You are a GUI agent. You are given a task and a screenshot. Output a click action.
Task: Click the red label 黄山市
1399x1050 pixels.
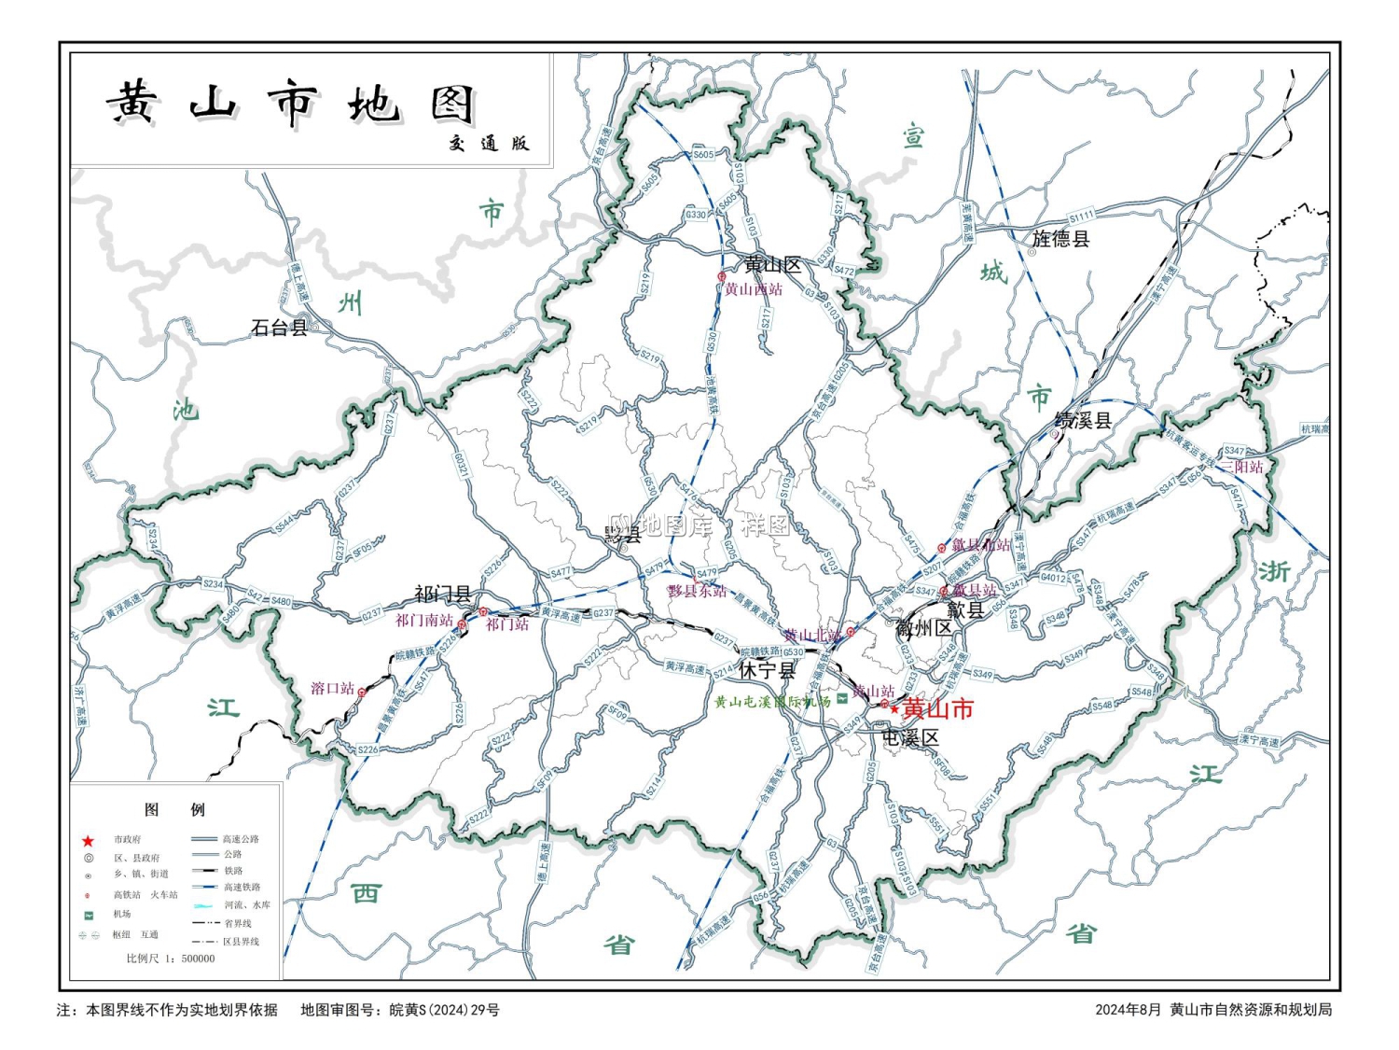coord(938,708)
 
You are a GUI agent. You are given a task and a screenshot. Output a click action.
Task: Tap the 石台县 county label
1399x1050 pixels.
coord(279,328)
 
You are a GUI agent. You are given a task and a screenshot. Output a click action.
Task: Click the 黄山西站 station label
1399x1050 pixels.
coord(754,289)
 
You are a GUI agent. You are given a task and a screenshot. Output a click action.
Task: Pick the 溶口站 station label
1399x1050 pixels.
coord(333,689)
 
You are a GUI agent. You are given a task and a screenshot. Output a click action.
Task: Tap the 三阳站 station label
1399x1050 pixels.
coord(1242,467)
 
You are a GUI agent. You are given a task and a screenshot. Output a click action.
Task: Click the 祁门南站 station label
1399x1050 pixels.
coord(424,620)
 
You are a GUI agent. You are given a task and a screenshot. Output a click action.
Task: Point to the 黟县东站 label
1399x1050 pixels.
coord(698,591)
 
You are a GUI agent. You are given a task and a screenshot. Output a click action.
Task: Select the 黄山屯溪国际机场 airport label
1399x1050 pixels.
coord(772,702)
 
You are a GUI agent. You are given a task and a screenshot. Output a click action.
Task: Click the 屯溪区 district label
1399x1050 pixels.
coord(910,737)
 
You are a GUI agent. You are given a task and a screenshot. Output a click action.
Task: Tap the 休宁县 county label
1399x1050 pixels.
coord(768,670)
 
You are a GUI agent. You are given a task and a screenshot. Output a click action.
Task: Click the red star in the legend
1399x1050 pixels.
coord(88,840)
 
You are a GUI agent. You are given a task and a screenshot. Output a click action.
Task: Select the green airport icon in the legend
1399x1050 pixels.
coord(89,915)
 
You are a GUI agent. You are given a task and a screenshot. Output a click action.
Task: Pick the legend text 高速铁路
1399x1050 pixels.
coord(242,888)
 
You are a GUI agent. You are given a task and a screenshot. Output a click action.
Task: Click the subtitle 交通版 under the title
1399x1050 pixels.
coord(489,143)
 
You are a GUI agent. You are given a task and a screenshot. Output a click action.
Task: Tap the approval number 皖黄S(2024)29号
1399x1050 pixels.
coord(444,1010)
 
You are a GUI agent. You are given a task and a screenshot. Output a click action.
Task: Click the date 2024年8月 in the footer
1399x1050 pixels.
coord(1129,1010)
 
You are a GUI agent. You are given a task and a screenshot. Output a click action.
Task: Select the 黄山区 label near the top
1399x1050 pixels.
coord(772,265)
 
